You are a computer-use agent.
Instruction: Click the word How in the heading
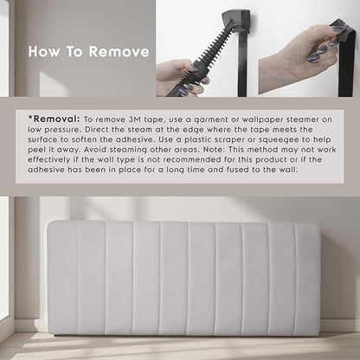tap(44, 52)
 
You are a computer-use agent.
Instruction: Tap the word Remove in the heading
tap(119, 52)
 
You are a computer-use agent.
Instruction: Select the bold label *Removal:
tap(54, 119)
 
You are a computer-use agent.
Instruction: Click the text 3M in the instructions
tap(135, 119)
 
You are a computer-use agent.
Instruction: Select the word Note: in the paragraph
tap(214, 150)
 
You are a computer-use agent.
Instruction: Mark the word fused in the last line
tap(238, 170)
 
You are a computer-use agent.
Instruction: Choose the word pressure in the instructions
tap(61, 130)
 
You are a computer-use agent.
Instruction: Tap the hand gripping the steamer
tap(181, 79)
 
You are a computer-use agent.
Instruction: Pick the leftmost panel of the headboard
tap(62, 279)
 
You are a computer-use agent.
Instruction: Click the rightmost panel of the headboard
tap(307, 279)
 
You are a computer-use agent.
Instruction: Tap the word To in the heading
tap(74, 52)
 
